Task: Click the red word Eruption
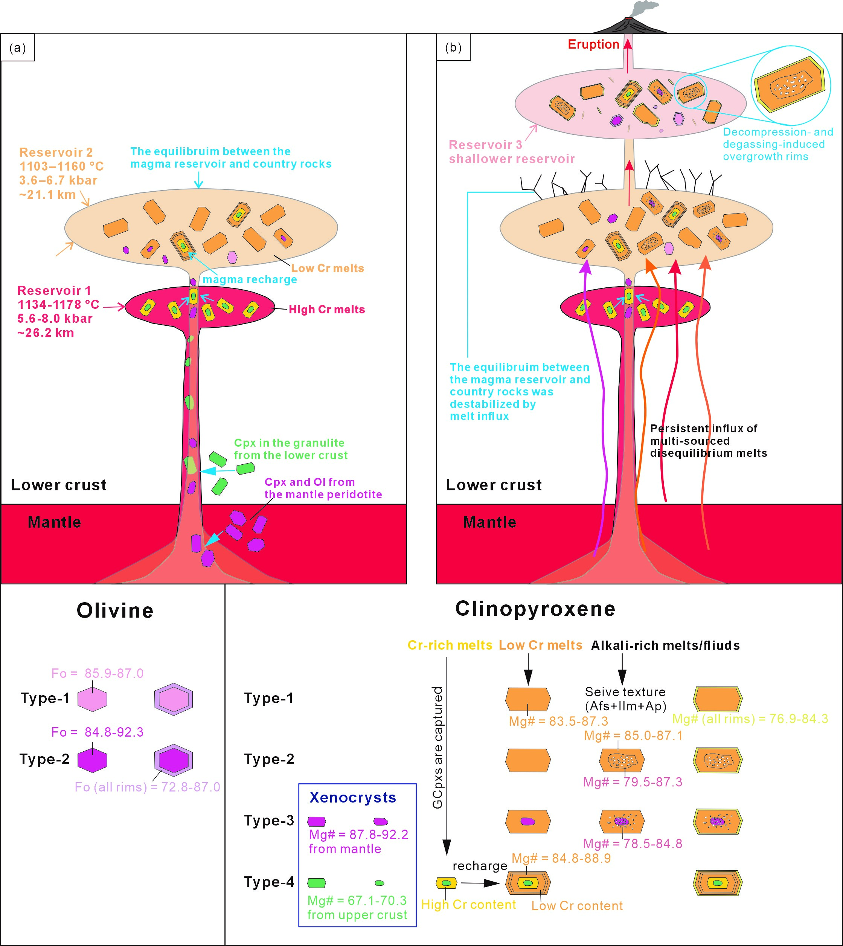click(593, 44)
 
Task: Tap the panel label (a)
click(18, 48)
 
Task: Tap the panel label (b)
click(453, 48)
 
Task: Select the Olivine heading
click(115, 610)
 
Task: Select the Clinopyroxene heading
click(535, 609)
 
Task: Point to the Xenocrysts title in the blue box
click(352, 797)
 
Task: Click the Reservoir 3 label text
click(485, 145)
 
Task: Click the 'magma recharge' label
click(250, 279)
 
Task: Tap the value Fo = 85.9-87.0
click(97, 673)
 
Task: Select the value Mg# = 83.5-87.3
click(558, 721)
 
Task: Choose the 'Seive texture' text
click(625, 692)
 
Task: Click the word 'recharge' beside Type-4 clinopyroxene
click(480, 866)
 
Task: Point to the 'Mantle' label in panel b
click(489, 522)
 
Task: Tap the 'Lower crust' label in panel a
click(58, 485)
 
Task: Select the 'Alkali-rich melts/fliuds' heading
click(665, 645)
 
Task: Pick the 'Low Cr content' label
click(577, 906)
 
